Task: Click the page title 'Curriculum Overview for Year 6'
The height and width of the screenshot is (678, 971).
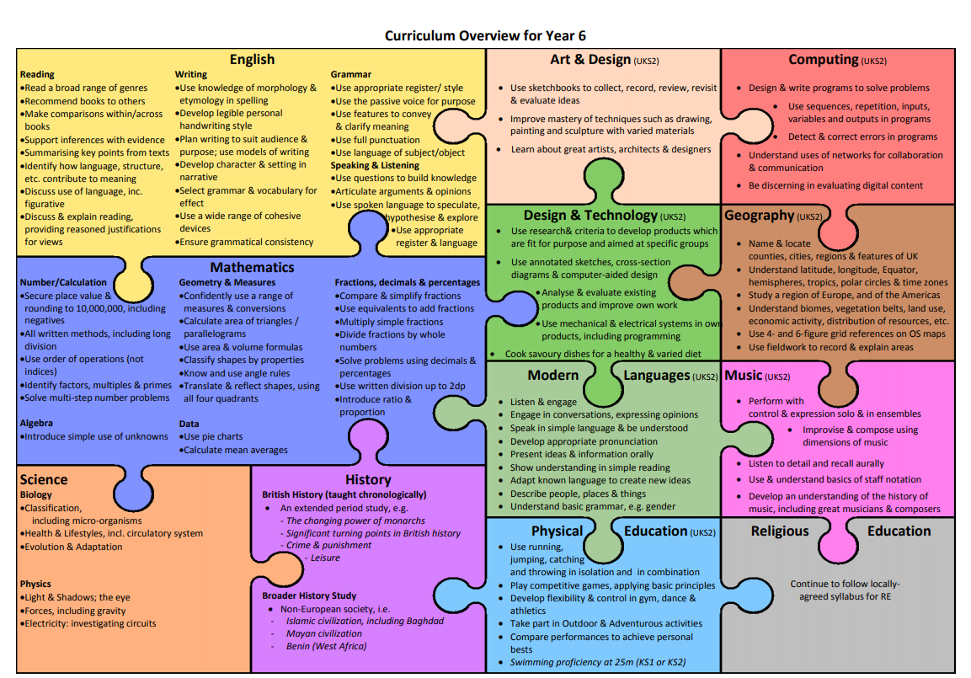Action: (x=484, y=35)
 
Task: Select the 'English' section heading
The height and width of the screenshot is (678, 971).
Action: (x=252, y=59)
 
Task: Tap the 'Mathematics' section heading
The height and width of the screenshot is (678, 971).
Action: (x=252, y=267)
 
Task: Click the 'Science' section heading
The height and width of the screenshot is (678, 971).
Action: (x=44, y=479)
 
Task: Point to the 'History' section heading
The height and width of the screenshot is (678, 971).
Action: (x=368, y=479)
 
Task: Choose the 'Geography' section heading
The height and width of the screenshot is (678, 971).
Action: (x=759, y=216)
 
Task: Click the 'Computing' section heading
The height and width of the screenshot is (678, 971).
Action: (x=824, y=59)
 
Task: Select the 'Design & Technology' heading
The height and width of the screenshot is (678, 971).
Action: (x=590, y=216)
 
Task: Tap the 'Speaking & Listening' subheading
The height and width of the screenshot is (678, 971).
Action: (x=375, y=165)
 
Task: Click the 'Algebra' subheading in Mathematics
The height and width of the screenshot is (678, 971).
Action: (x=36, y=423)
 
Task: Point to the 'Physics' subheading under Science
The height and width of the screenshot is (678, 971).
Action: (x=35, y=584)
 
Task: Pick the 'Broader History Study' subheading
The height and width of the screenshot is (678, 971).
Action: (x=309, y=595)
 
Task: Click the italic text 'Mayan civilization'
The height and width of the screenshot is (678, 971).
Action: (x=324, y=633)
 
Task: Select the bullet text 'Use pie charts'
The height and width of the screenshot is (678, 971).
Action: (x=213, y=437)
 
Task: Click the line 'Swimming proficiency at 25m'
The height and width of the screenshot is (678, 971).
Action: (x=598, y=662)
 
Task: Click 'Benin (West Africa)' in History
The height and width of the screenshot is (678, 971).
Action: (x=327, y=646)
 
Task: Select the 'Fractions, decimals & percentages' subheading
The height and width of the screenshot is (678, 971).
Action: (x=408, y=282)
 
